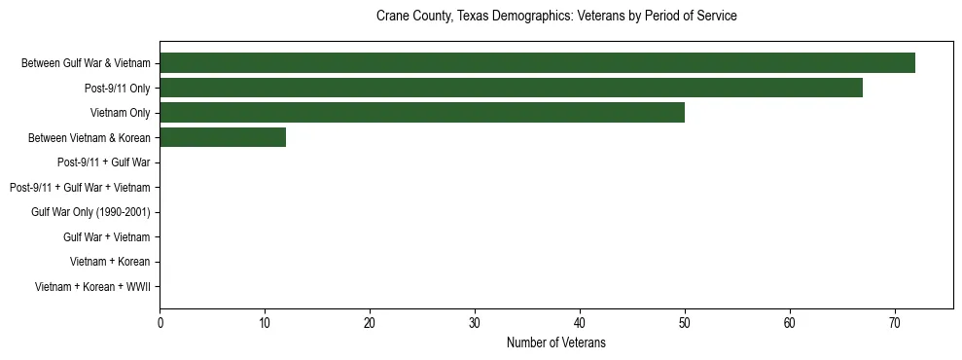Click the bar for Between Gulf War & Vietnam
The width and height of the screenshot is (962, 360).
click(x=537, y=63)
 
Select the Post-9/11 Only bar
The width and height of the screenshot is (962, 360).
click(x=511, y=89)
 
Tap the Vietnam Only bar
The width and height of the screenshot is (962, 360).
click(x=422, y=113)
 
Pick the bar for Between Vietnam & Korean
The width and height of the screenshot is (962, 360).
click(x=223, y=138)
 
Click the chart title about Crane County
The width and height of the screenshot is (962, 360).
click(x=556, y=17)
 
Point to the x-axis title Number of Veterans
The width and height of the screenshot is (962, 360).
click(x=556, y=342)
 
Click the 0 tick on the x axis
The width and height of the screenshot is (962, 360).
click(x=160, y=323)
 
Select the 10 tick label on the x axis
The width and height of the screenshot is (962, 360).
click(x=265, y=323)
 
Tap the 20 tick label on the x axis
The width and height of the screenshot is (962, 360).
click(x=370, y=323)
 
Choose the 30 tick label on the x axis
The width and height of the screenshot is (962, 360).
click(x=475, y=323)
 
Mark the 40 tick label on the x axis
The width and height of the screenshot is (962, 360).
click(x=580, y=323)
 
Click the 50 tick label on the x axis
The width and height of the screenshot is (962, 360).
click(x=685, y=323)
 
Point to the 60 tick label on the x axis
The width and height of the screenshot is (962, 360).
click(x=790, y=323)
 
